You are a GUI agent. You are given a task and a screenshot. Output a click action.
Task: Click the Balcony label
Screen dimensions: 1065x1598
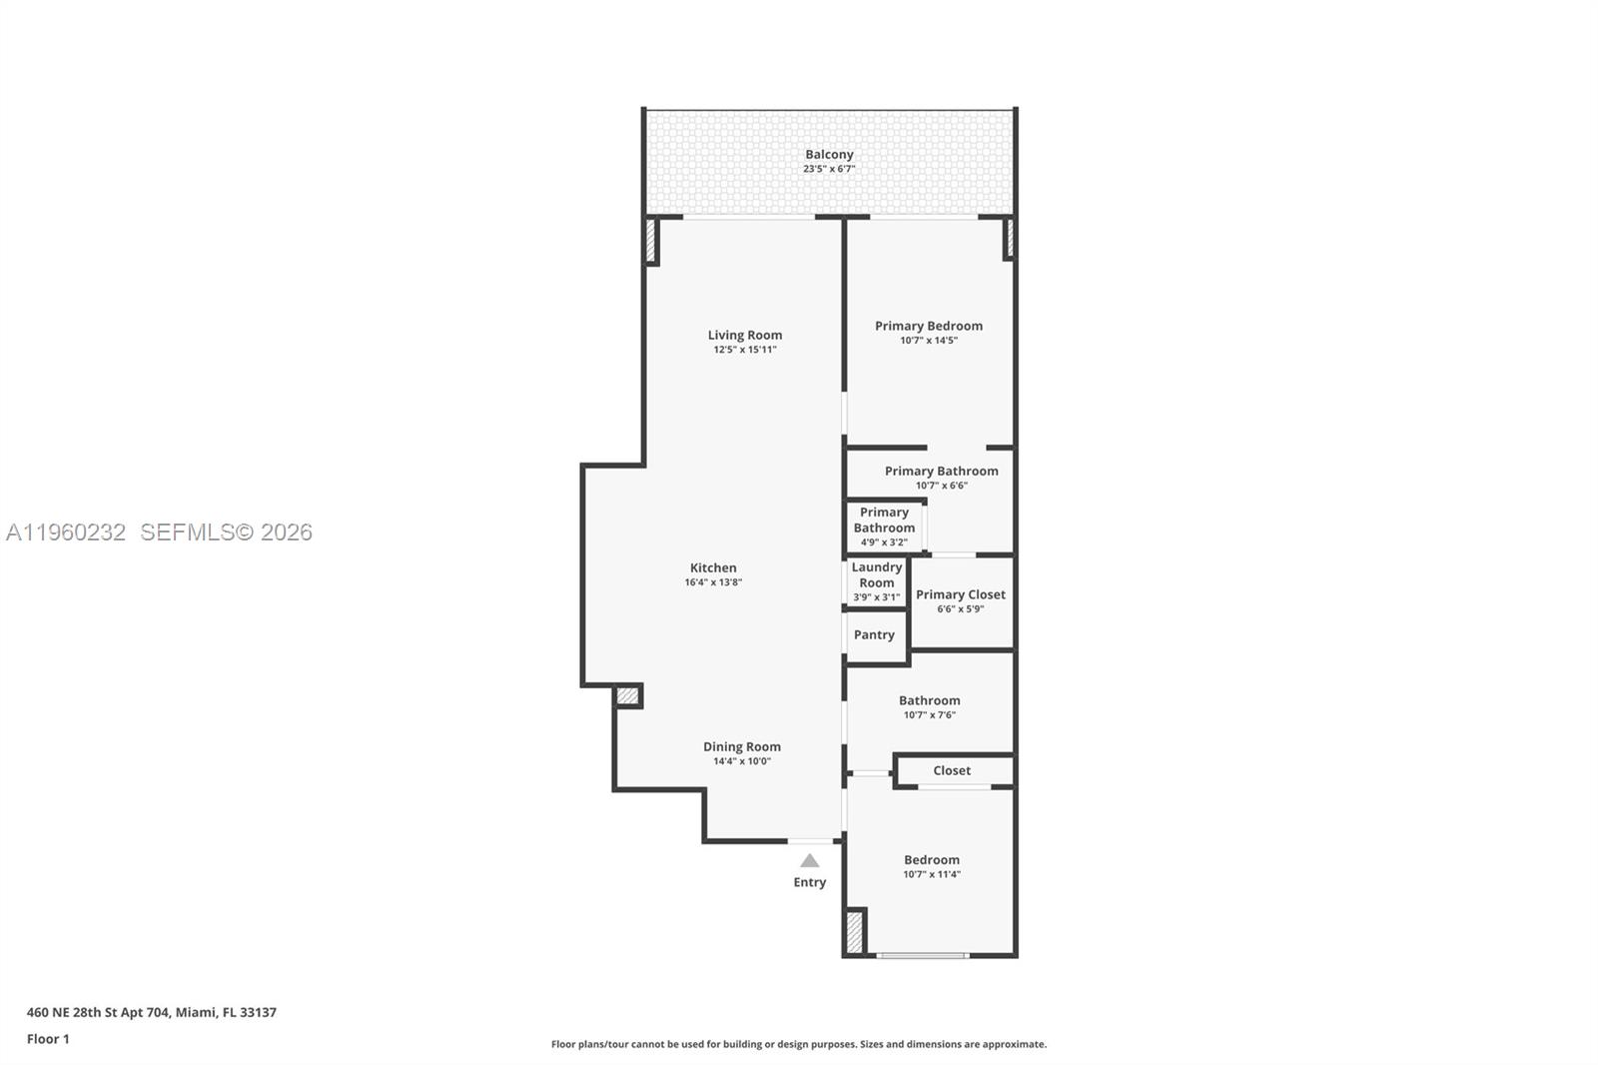[829, 155]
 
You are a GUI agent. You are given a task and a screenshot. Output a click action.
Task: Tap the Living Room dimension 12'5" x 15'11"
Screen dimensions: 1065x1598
[744, 350]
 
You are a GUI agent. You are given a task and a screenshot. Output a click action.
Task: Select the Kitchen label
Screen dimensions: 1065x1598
[713, 567]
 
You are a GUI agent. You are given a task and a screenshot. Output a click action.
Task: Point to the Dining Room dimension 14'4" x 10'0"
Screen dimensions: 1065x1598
[741, 761]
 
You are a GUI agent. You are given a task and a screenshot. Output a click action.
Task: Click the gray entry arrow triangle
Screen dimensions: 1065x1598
[810, 861]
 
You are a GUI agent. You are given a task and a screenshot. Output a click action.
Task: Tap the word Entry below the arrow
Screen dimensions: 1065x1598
[810, 882]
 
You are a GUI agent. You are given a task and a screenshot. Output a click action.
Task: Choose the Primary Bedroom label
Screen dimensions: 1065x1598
[929, 326]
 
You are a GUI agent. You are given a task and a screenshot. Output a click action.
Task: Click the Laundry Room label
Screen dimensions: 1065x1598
[876, 575]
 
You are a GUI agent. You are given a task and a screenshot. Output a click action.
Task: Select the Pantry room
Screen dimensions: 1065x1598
[874, 635]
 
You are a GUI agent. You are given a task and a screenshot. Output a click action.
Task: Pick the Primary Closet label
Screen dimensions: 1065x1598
[961, 594]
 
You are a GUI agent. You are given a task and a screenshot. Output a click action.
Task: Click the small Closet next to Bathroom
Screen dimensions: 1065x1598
[952, 770]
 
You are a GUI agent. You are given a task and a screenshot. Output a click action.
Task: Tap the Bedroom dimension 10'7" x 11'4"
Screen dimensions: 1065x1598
[932, 874]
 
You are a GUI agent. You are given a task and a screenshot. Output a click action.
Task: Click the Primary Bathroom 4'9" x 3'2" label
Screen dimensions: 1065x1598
[884, 527]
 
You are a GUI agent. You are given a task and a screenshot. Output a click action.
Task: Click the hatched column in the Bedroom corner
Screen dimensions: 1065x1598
[855, 932]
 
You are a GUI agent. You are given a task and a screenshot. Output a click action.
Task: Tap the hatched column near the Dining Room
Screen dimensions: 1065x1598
[627, 695]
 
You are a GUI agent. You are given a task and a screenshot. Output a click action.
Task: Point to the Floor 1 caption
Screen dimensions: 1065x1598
[48, 1039]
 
